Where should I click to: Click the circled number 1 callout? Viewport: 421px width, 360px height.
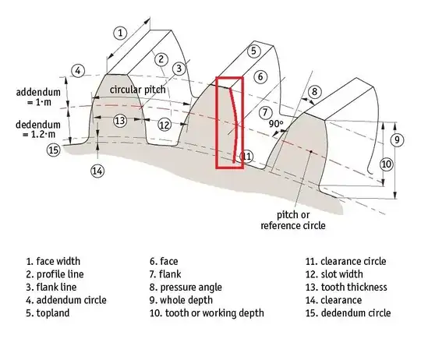coord(119,33)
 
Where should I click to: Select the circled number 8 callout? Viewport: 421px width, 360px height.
coord(313,93)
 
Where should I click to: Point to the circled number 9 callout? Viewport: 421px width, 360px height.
coord(397,139)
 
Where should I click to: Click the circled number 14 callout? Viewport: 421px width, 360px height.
coord(97,170)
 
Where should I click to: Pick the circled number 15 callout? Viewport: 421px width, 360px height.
coord(53,150)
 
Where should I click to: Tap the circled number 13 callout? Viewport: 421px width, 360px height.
coord(119,121)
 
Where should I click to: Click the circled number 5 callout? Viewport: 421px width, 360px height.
coord(253,51)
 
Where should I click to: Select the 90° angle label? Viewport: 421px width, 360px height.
coord(278,123)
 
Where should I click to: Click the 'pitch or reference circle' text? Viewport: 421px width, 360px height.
coord(292,220)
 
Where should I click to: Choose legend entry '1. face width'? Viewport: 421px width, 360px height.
coord(53,262)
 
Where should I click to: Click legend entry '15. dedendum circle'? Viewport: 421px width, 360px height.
coord(348,312)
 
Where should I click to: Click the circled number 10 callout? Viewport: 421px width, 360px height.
coord(386,164)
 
